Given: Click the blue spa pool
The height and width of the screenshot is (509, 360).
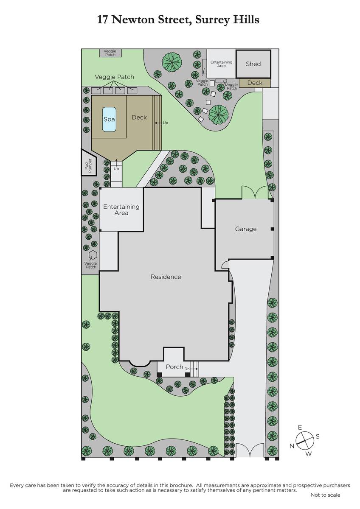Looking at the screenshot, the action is (x=109, y=120).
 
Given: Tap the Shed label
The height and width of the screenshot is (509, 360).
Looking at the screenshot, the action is (x=253, y=64).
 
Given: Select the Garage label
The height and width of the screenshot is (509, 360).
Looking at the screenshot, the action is (x=246, y=229).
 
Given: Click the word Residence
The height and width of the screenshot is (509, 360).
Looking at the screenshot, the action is (x=166, y=277).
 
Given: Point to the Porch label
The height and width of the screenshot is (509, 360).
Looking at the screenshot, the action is (x=174, y=367).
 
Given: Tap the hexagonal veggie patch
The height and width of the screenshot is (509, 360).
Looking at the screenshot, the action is (x=93, y=255).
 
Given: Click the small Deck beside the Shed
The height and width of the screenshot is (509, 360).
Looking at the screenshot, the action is (x=255, y=83).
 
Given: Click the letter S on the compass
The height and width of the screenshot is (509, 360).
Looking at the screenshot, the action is (x=318, y=436).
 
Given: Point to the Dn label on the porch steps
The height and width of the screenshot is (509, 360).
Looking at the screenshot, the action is (x=187, y=369).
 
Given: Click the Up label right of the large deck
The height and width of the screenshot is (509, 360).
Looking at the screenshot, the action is (x=165, y=123).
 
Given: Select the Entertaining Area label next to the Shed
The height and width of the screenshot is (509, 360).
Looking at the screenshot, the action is (x=221, y=64).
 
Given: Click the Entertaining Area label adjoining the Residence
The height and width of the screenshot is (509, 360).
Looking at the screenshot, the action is (x=121, y=210).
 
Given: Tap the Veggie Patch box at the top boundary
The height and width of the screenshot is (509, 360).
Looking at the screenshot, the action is (x=110, y=53).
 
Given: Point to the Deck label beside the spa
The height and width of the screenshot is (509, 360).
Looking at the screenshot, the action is (x=139, y=117).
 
